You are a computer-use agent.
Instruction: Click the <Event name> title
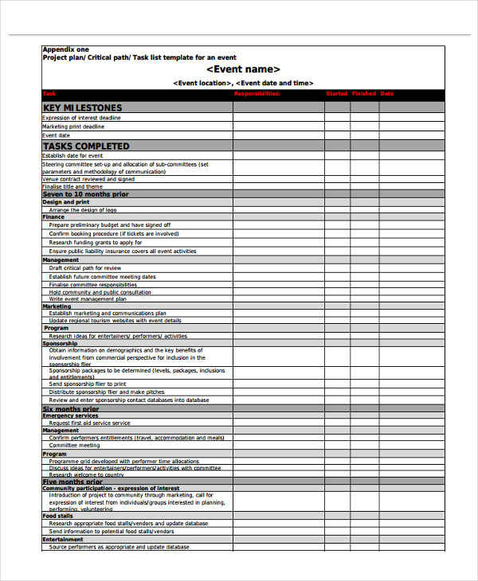pyautogui.click(x=243, y=69)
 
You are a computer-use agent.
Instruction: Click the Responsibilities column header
pyautogui.click(x=257, y=94)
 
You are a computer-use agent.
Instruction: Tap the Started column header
pyautogui.click(x=337, y=94)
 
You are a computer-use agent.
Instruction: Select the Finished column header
pyautogui.click(x=364, y=94)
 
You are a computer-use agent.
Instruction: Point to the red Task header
pyautogui.click(x=49, y=94)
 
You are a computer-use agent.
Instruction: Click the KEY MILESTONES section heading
pyautogui.click(x=83, y=107)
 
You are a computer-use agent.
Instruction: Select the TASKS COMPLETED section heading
pyautogui.click(x=86, y=146)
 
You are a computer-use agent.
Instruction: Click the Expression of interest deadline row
pyautogui.click(x=82, y=118)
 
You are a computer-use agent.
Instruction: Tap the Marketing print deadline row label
pyautogui.click(x=73, y=127)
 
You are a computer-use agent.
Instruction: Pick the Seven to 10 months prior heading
pyautogui.click(x=85, y=194)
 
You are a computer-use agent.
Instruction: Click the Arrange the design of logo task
pyautogui.click(x=83, y=209)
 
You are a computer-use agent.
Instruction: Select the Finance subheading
pyautogui.click(x=53, y=216)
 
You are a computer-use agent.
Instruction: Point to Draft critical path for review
pyautogui.click(x=85, y=268)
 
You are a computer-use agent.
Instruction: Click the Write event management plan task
pyautogui.click(x=88, y=299)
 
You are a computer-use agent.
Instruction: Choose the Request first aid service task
pyautogui.click(x=89, y=423)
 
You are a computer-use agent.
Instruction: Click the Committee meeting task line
pyautogui.click(x=74, y=446)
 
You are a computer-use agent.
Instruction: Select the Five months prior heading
pyautogui.click(x=72, y=482)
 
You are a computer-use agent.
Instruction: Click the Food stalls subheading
pyautogui.click(x=58, y=517)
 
